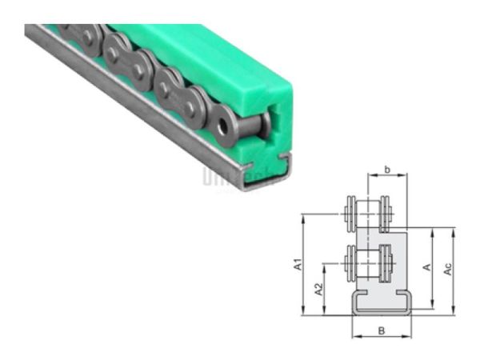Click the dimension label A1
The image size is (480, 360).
tap(297, 265)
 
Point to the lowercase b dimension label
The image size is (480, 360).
tap(387, 170)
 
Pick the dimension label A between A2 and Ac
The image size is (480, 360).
tap(426, 267)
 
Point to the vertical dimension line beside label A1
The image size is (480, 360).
tap(304, 265)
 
